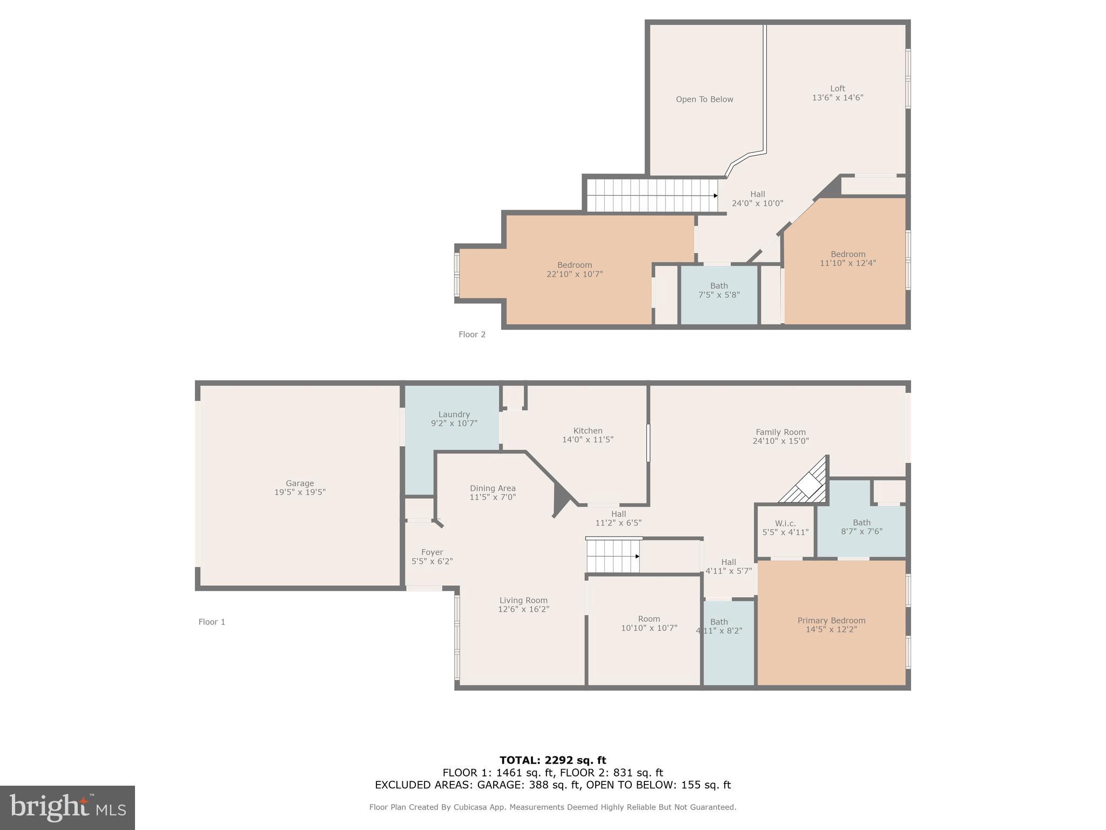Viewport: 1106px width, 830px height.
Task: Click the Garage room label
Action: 300,483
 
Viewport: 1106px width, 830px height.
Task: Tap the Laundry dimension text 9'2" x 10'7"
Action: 454,424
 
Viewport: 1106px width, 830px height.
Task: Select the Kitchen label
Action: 588,431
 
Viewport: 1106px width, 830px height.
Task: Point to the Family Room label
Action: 780,432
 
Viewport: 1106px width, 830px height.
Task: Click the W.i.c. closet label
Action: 785,523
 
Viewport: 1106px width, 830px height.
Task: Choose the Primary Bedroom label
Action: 831,620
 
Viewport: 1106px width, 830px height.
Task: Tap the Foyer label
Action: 432,552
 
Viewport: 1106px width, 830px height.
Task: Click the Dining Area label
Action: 493,488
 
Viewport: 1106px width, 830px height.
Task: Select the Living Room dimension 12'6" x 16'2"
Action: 523,609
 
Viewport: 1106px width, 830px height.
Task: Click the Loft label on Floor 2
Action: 838,89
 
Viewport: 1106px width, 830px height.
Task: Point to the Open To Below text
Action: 704,99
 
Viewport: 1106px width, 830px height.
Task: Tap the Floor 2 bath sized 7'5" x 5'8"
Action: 719,290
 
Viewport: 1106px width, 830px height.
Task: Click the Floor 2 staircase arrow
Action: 715,196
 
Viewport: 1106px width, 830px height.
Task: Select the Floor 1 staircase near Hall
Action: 613,556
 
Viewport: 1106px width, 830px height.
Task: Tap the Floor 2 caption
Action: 472,334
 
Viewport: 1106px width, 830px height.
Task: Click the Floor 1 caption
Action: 212,622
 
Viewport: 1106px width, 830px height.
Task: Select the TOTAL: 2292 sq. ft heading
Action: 552,760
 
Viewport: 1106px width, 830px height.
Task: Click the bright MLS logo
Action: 68,807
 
